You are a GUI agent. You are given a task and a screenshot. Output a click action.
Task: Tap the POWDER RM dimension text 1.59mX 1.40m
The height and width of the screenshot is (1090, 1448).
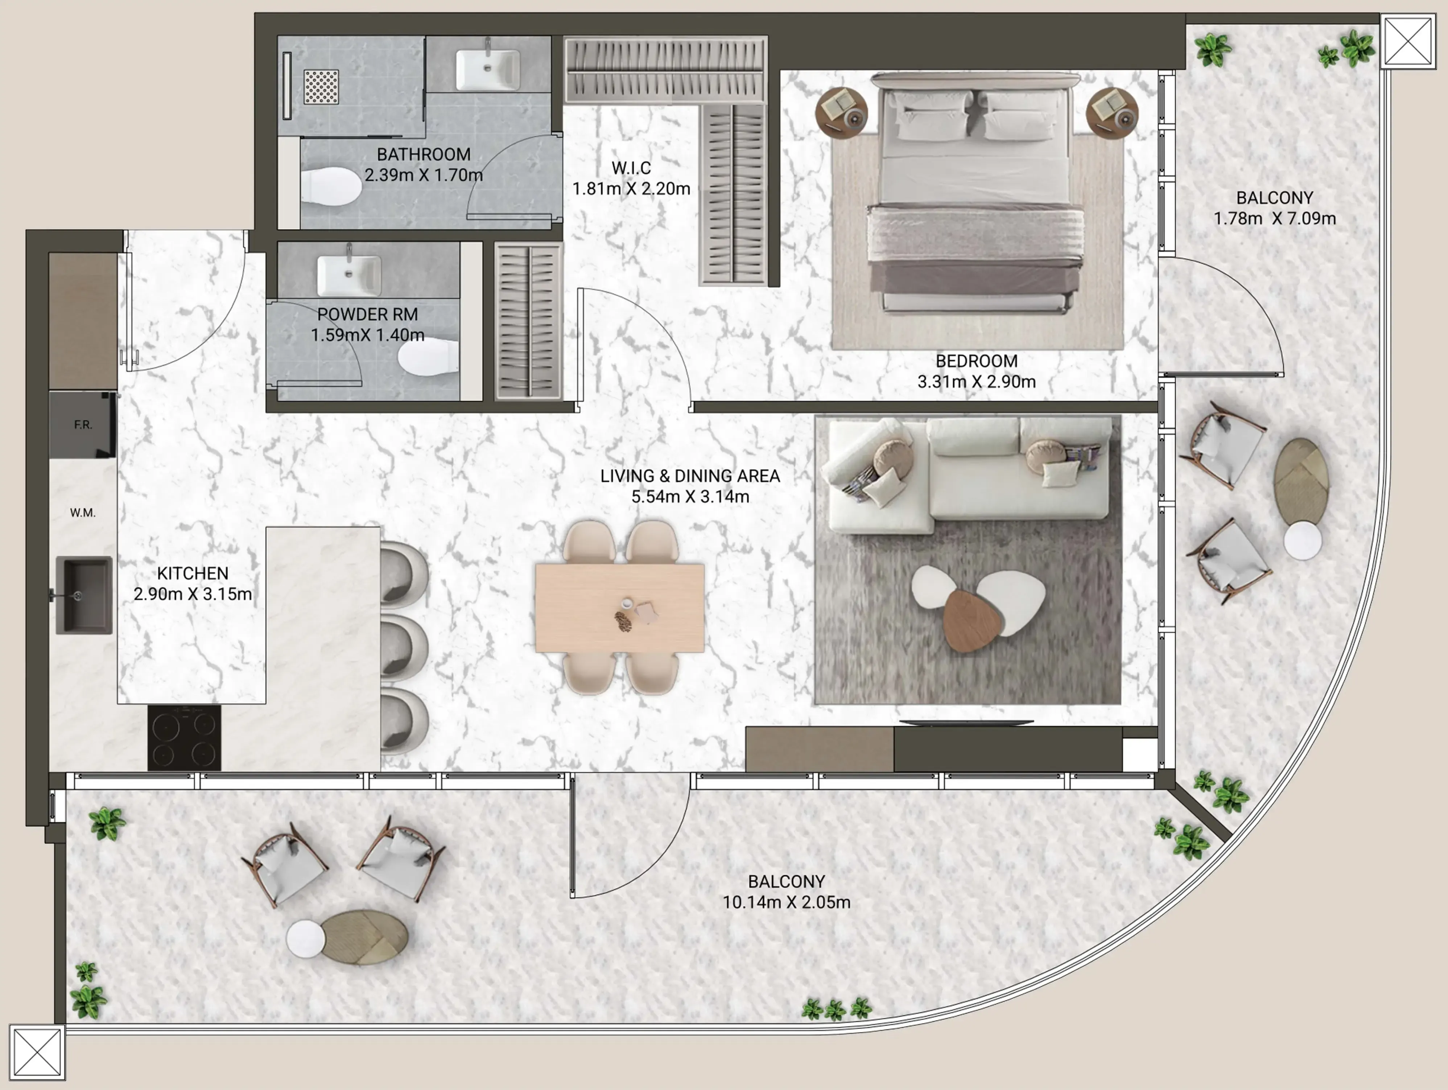click(x=367, y=335)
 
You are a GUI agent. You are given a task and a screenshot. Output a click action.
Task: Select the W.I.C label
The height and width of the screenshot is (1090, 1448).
click(x=631, y=168)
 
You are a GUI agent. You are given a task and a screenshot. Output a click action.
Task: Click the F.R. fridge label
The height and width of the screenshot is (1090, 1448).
click(x=83, y=425)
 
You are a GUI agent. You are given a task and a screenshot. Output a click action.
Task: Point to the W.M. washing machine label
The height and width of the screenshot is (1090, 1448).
click(x=83, y=513)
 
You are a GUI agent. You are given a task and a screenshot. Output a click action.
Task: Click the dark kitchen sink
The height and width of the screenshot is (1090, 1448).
click(x=84, y=595)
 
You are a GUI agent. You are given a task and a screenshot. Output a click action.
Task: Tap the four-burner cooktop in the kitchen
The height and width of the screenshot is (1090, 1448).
click(x=184, y=738)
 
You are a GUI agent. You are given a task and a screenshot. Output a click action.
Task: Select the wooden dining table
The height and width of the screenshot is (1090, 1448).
click(x=619, y=608)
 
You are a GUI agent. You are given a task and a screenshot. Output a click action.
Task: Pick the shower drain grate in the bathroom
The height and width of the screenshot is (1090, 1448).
click(x=321, y=87)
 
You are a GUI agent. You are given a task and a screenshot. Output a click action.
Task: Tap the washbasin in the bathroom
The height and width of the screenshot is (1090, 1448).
click(x=488, y=69)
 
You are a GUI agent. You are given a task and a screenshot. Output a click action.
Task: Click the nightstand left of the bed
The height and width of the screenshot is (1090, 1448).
click(x=841, y=112)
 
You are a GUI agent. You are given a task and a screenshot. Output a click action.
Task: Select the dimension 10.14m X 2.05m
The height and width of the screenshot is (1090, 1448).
click(x=786, y=902)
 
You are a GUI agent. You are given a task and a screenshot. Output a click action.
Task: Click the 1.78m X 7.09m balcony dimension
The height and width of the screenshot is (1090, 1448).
click(x=1275, y=219)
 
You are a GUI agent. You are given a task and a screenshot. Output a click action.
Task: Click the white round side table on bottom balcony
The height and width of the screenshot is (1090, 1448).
click(x=306, y=938)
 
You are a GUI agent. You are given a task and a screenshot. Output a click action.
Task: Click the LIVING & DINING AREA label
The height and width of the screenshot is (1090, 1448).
click(x=690, y=476)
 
